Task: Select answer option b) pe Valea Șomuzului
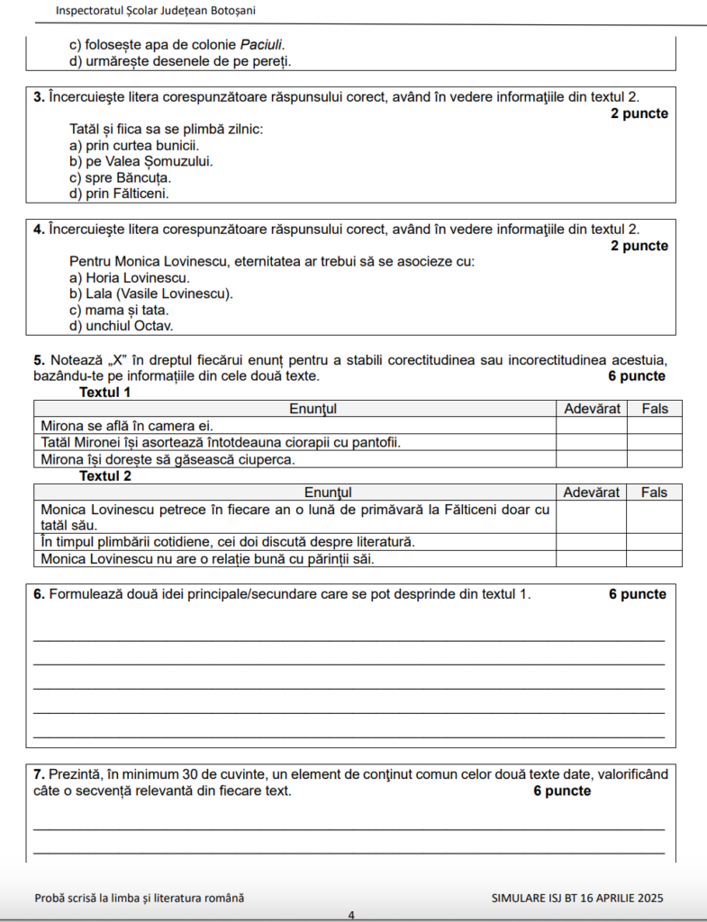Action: point(141,161)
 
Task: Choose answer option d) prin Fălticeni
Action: point(119,193)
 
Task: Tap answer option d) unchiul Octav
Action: point(122,325)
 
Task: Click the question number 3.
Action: point(39,97)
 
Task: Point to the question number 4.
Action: point(39,230)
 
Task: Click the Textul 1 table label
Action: point(105,393)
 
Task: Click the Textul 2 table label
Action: point(105,475)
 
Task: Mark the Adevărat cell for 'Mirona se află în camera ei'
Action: point(592,425)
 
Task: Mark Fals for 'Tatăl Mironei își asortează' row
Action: point(655,442)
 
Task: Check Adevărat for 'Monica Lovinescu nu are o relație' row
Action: point(592,559)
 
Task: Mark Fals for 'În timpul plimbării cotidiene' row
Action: point(655,542)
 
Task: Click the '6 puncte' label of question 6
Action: point(638,594)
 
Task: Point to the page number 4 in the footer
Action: point(352,915)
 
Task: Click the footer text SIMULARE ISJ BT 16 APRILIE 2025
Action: point(577,898)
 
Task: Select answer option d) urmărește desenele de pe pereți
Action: point(180,61)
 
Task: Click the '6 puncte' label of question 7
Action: point(562,791)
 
